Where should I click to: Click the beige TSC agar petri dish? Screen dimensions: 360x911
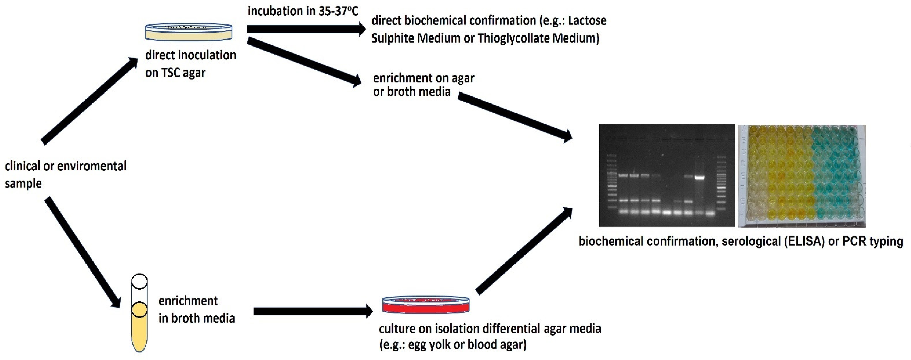coord(189,32)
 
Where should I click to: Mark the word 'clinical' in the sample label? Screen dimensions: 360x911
coord(22,166)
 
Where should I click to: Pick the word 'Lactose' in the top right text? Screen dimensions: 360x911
coord(587,21)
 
